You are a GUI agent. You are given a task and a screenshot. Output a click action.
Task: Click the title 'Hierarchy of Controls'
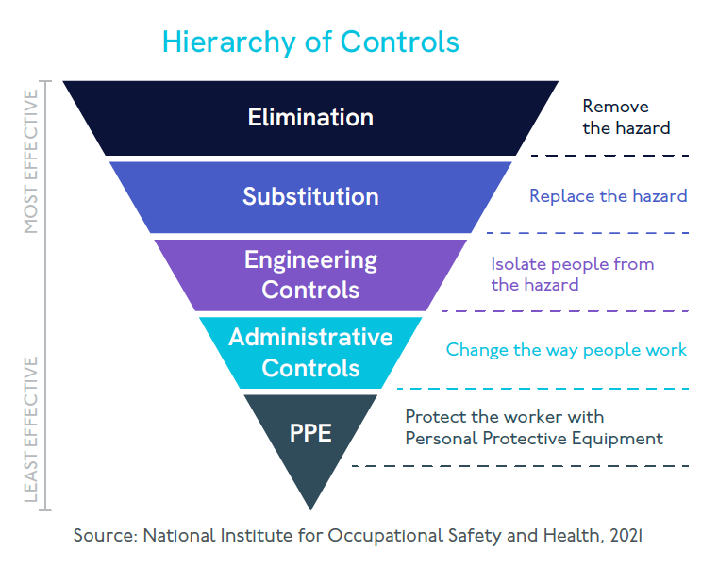[x=310, y=42]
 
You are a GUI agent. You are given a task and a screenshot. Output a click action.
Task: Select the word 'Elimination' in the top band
[x=310, y=118]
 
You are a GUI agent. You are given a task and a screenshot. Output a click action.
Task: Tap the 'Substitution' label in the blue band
[x=310, y=196]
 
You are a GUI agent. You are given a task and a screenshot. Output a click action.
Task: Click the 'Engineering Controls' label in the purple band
[x=310, y=274]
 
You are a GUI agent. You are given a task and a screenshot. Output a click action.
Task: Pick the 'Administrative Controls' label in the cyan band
[x=310, y=351]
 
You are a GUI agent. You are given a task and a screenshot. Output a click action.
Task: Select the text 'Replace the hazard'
[x=608, y=196]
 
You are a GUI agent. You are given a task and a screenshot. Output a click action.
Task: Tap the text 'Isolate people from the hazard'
[x=572, y=274]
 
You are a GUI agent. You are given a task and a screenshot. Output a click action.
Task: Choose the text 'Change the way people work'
[x=566, y=350]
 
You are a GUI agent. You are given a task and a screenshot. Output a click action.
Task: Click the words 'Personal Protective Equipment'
[x=534, y=439]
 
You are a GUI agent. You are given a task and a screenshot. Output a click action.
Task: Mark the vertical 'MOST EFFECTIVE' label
[x=31, y=161]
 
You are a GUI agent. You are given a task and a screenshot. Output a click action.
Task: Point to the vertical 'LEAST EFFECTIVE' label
[x=31, y=428]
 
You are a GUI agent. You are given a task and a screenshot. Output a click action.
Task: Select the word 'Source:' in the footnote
[x=105, y=536]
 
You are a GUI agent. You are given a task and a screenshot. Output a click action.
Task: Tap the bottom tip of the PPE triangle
[x=310, y=507]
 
